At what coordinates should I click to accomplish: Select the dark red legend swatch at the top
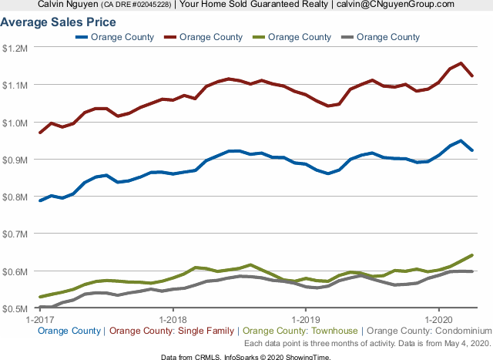click(x=170, y=37)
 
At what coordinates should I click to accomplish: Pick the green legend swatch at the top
click(x=259, y=37)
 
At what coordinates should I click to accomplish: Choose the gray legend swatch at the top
click(x=347, y=37)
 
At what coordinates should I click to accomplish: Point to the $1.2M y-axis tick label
click(x=15, y=48)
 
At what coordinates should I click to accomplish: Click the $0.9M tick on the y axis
click(x=15, y=160)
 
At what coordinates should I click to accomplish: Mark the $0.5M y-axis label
click(x=15, y=308)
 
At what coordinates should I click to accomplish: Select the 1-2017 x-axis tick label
click(x=39, y=318)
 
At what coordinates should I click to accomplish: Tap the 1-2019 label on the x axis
click(x=306, y=318)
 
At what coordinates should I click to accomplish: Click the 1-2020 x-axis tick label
click(x=438, y=318)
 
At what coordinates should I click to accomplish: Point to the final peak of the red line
click(x=461, y=63)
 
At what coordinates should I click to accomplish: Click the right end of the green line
click(x=471, y=255)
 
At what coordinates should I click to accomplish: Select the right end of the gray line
click(x=471, y=271)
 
